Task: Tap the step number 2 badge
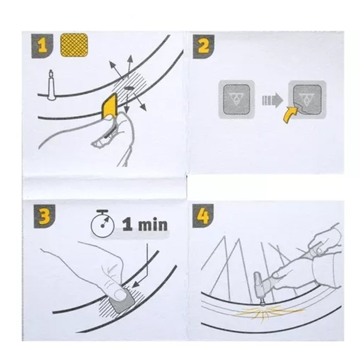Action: [204, 46]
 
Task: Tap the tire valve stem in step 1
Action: [51, 84]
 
